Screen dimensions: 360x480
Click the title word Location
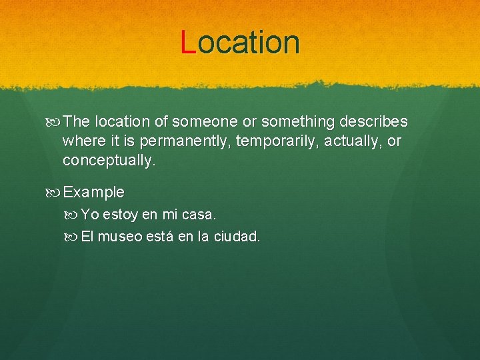[x=241, y=42]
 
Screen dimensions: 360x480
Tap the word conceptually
[x=109, y=161]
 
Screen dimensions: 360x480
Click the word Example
[x=94, y=193]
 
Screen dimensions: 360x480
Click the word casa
[x=200, y=215]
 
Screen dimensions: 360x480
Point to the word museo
[x=121, y=237]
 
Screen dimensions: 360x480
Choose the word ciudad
[x=237, y=237]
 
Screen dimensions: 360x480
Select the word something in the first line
[x=297, y=122]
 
